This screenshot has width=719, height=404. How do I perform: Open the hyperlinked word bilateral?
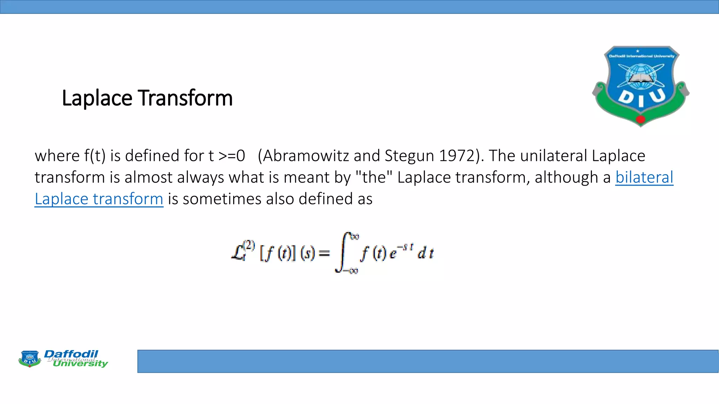click(x=644, y=177)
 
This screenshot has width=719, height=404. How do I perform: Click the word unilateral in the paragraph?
click(x=554, y=156)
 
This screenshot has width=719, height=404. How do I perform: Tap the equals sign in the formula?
click(x=324, y=253)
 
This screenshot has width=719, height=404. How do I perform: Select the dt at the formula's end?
click(x=426, y=253)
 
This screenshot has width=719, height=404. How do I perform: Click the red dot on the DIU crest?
click(x=641, y=119)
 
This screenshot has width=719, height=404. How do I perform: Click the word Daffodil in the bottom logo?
click(x=71, y=354)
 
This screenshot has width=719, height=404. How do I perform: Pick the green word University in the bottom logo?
click(x=80, y=364)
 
